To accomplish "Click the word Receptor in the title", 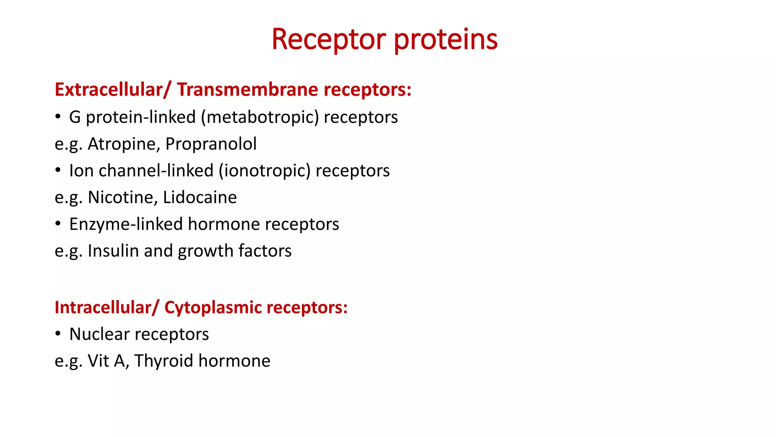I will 329,39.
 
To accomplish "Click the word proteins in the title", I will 446,39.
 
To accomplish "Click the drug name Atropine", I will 124,144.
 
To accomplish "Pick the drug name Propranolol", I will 211,144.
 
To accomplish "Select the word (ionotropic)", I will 264,171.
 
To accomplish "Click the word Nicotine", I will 123,198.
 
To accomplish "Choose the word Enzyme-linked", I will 126,224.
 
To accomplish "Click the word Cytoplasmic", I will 213,308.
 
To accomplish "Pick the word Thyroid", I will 164,361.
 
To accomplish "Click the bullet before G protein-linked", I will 58,116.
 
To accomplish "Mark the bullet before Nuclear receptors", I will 58,334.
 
